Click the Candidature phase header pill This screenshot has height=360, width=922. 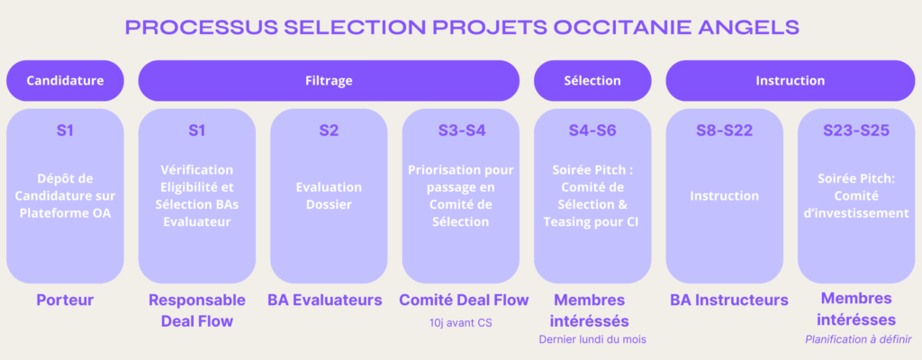click(x=65, y=81)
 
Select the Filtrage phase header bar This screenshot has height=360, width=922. click(x=329, y=81)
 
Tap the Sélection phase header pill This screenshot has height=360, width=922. click(x=592, y=81)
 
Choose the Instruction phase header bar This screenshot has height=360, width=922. click(x=791, y=81)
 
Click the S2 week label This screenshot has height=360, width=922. click(x=329, y=130)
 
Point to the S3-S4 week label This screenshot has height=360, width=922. click(x=462, y=130)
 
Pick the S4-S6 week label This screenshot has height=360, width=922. click(x=592, y=130)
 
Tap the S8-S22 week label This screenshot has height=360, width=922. click(x=725, y=130)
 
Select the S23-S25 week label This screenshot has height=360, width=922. click(x=856, y=130)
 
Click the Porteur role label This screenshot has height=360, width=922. click(x=65, y=300)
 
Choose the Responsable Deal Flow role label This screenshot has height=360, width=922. click(x=197, y=310)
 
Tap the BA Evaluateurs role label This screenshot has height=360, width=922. click(x=324, y=300)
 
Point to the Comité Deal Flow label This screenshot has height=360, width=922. click(x=464, y=300)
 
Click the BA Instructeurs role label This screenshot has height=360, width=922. click(x=729, y=300)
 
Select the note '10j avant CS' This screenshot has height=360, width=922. click(x=461, y=323)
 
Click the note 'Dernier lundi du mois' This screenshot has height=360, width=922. click(x=592, y=339)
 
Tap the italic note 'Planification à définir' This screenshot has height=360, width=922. click(x=858, y=339)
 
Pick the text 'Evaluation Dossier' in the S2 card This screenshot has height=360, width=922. click(x=329, y=196)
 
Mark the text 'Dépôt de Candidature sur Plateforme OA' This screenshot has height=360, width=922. click(x=65, y=196)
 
